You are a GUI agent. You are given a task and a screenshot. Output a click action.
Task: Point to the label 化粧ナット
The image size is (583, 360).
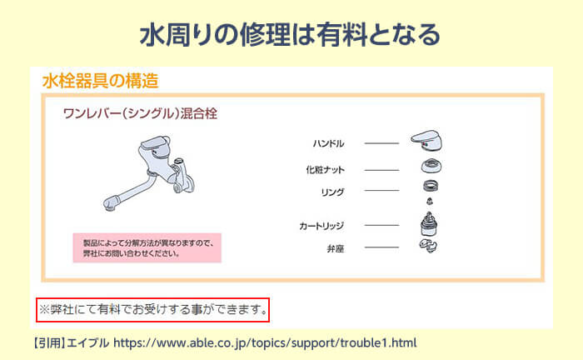click(x=325, y=170)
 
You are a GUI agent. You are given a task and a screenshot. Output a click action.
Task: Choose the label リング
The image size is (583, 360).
click(x=331, y=192)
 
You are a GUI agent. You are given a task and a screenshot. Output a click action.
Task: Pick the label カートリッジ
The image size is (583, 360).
click(x=321, y=226)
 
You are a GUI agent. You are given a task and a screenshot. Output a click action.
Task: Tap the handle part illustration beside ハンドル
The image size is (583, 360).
click(x=430, y=141)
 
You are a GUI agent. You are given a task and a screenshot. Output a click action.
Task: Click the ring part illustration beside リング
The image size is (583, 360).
click(x=430, y=186)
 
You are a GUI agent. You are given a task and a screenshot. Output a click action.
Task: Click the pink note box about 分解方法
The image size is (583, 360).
click(x=147, y=247)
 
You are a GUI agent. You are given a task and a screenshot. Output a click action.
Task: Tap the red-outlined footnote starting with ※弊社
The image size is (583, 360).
click(x=154, y=310)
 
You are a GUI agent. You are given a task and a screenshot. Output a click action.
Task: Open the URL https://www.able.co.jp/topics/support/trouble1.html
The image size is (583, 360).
click(x=264, y=342)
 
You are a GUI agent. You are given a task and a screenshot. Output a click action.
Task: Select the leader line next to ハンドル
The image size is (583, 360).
click(x=381, y=143)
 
